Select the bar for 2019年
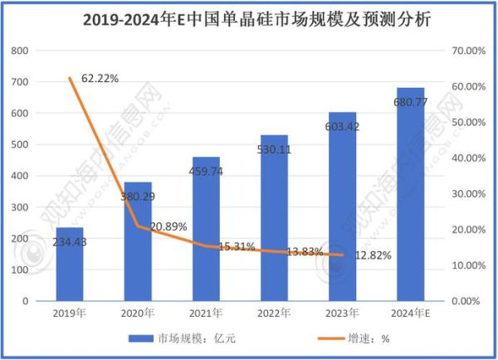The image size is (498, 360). tap(70, 264)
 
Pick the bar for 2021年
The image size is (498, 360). tap(206, 228)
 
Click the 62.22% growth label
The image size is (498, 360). tap(99, 79)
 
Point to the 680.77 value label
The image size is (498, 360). tap(410, 103)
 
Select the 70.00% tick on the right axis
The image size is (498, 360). tap(465, 51)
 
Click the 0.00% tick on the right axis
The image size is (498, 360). tap(466, 301)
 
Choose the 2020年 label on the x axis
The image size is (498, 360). tap(138, 314)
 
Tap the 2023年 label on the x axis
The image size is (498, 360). tap(342, 314)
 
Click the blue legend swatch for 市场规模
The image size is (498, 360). tap(140, 339)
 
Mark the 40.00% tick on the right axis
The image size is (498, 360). tap(465, 158)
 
